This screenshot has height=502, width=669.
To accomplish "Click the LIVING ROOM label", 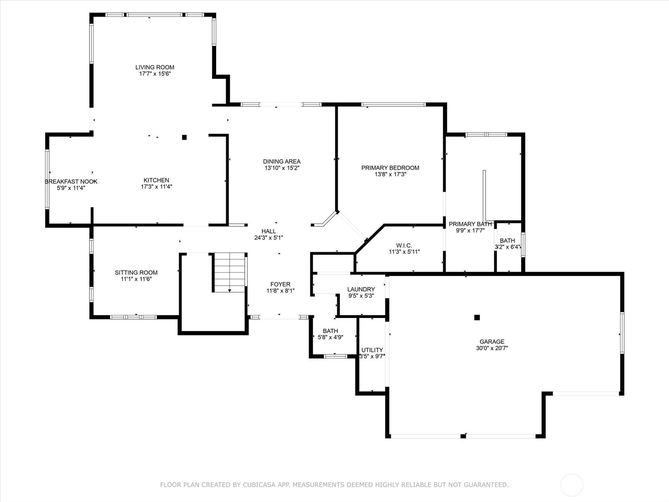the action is pos(155,67).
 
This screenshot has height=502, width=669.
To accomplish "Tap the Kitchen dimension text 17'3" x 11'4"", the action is pos(156,187).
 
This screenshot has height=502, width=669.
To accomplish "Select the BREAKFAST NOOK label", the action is pos(71,182).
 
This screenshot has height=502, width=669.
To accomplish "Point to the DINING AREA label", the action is pos(282,161).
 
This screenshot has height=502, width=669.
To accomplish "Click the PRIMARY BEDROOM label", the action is pos(390,168).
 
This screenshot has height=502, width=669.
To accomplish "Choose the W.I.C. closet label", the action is pos(404,246).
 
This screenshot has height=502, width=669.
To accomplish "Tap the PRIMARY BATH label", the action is pos(470,224).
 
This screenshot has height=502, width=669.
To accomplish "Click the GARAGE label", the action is pos(492,342).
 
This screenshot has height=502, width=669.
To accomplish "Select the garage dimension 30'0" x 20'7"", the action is pos(492,348).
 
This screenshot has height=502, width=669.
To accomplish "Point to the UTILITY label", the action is pos(372,350).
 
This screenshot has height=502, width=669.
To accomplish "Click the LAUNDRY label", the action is pos(361,289).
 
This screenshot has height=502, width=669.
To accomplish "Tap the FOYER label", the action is pos(281,284).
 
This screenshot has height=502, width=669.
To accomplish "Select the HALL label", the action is pos(268,231).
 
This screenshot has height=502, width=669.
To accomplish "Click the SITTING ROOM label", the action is pos(136,272).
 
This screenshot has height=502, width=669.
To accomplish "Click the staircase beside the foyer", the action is pos(229,272).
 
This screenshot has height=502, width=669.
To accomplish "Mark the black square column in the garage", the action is pos(477,317).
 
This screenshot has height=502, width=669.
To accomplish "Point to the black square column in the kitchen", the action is pos(184,138).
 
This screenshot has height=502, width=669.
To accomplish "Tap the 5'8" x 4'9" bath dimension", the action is pos(330,337).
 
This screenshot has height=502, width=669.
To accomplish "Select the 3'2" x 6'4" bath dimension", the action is pos(508,247).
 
